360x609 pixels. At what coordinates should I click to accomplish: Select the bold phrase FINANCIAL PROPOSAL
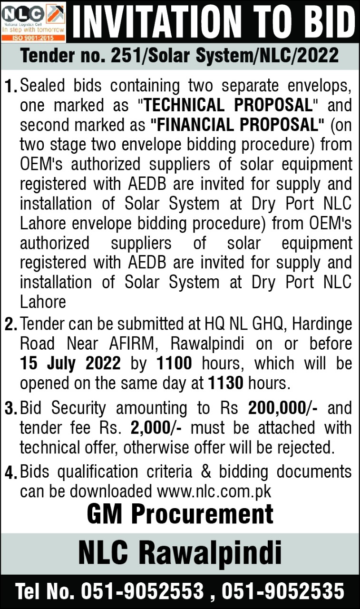click(237, 125)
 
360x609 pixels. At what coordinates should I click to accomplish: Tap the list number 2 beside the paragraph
click(10, 325)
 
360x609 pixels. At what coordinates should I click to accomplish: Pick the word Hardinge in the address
click(322, 324)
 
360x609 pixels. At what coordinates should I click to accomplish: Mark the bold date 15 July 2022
click(70, 363)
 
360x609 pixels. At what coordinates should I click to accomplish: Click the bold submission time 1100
click(174, 363)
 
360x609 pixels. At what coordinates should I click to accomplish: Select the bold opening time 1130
click(226, 382)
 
